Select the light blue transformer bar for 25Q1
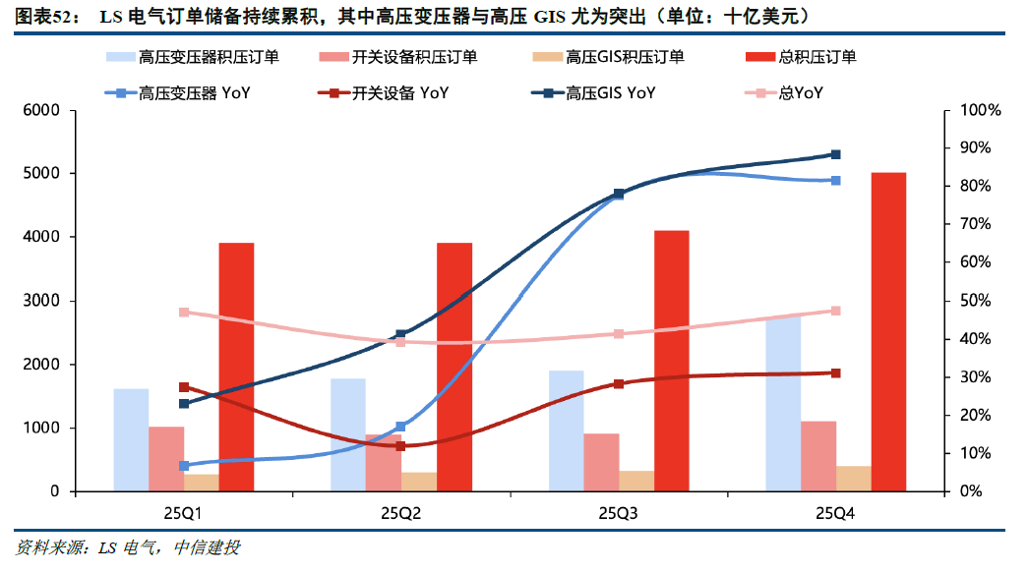click(x=131, y=439)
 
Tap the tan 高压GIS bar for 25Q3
click(x=636, y=481)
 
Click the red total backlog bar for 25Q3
click(x=672, y=361)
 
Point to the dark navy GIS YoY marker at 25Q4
click(x=836, y=154)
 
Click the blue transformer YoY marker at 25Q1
click(x=184, y=466)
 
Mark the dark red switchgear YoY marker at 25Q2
click(x=401, y=446)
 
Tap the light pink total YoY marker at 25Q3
click(x=619, y=334)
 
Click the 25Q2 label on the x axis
click(x=401, y=513)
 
